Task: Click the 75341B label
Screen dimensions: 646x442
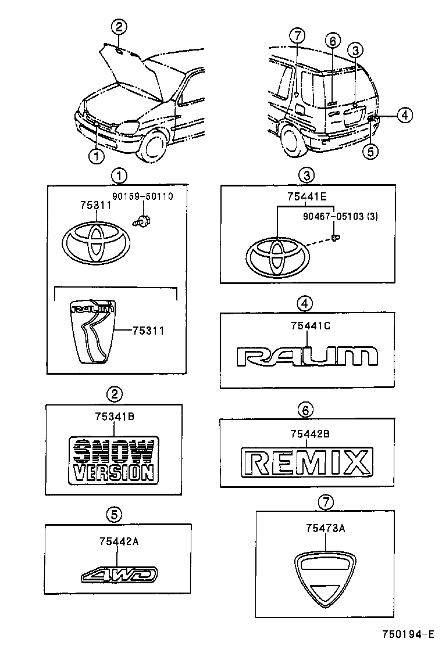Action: pyautogui.click(x=115, y=416)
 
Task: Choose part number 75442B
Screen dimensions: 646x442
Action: pyautogui.click(x=310, y=433)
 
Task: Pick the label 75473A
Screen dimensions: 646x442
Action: pyautogui.click(x=326, y=527)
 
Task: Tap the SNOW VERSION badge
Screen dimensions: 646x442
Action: pyautogui.click(x=114, y=459)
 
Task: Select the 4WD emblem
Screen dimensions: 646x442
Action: pyautogui.click(x=119, y=575)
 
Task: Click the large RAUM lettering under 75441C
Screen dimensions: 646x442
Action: pyautogui.click(x=307, y=356)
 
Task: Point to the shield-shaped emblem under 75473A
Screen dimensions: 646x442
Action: pyautogui.click(x=326, y=576)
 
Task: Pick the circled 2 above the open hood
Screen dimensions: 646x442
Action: pyautogui.click(x=119, y=26)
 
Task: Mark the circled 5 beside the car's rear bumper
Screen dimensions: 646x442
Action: pyautogui.click(x=370, y=152)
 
